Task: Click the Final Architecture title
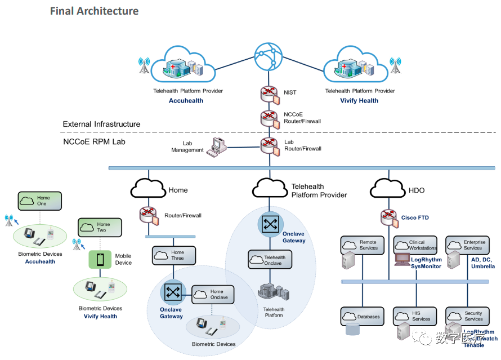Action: coord(94,11)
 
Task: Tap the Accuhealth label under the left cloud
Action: coord(186,101)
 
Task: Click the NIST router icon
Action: coord(269,93)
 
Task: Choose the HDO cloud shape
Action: coord(387,189)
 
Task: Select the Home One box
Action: coord(39,201)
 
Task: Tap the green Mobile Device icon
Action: coord(100,260)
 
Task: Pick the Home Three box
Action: coord(173,255)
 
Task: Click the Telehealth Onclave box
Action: coord(270,259)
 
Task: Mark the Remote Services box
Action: coord(363,245)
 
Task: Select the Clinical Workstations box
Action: coord(415,245)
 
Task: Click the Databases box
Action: coord(363,316)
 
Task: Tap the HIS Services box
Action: coord(415,316)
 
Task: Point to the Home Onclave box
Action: coord(213,295)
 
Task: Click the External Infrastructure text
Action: coord(101,124)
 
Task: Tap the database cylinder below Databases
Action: coord(352,329)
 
